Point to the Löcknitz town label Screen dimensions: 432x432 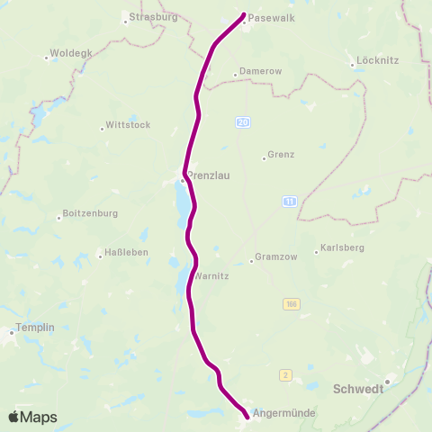(378, 63)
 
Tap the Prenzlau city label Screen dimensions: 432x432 (208, 176)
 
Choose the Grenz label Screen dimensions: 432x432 (282, 156)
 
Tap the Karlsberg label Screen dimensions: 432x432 (341, 249)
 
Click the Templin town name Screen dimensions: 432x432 (36, 329)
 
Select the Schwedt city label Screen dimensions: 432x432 (358, 389)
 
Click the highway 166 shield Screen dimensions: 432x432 (290, 304)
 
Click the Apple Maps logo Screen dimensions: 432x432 (32, 417)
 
